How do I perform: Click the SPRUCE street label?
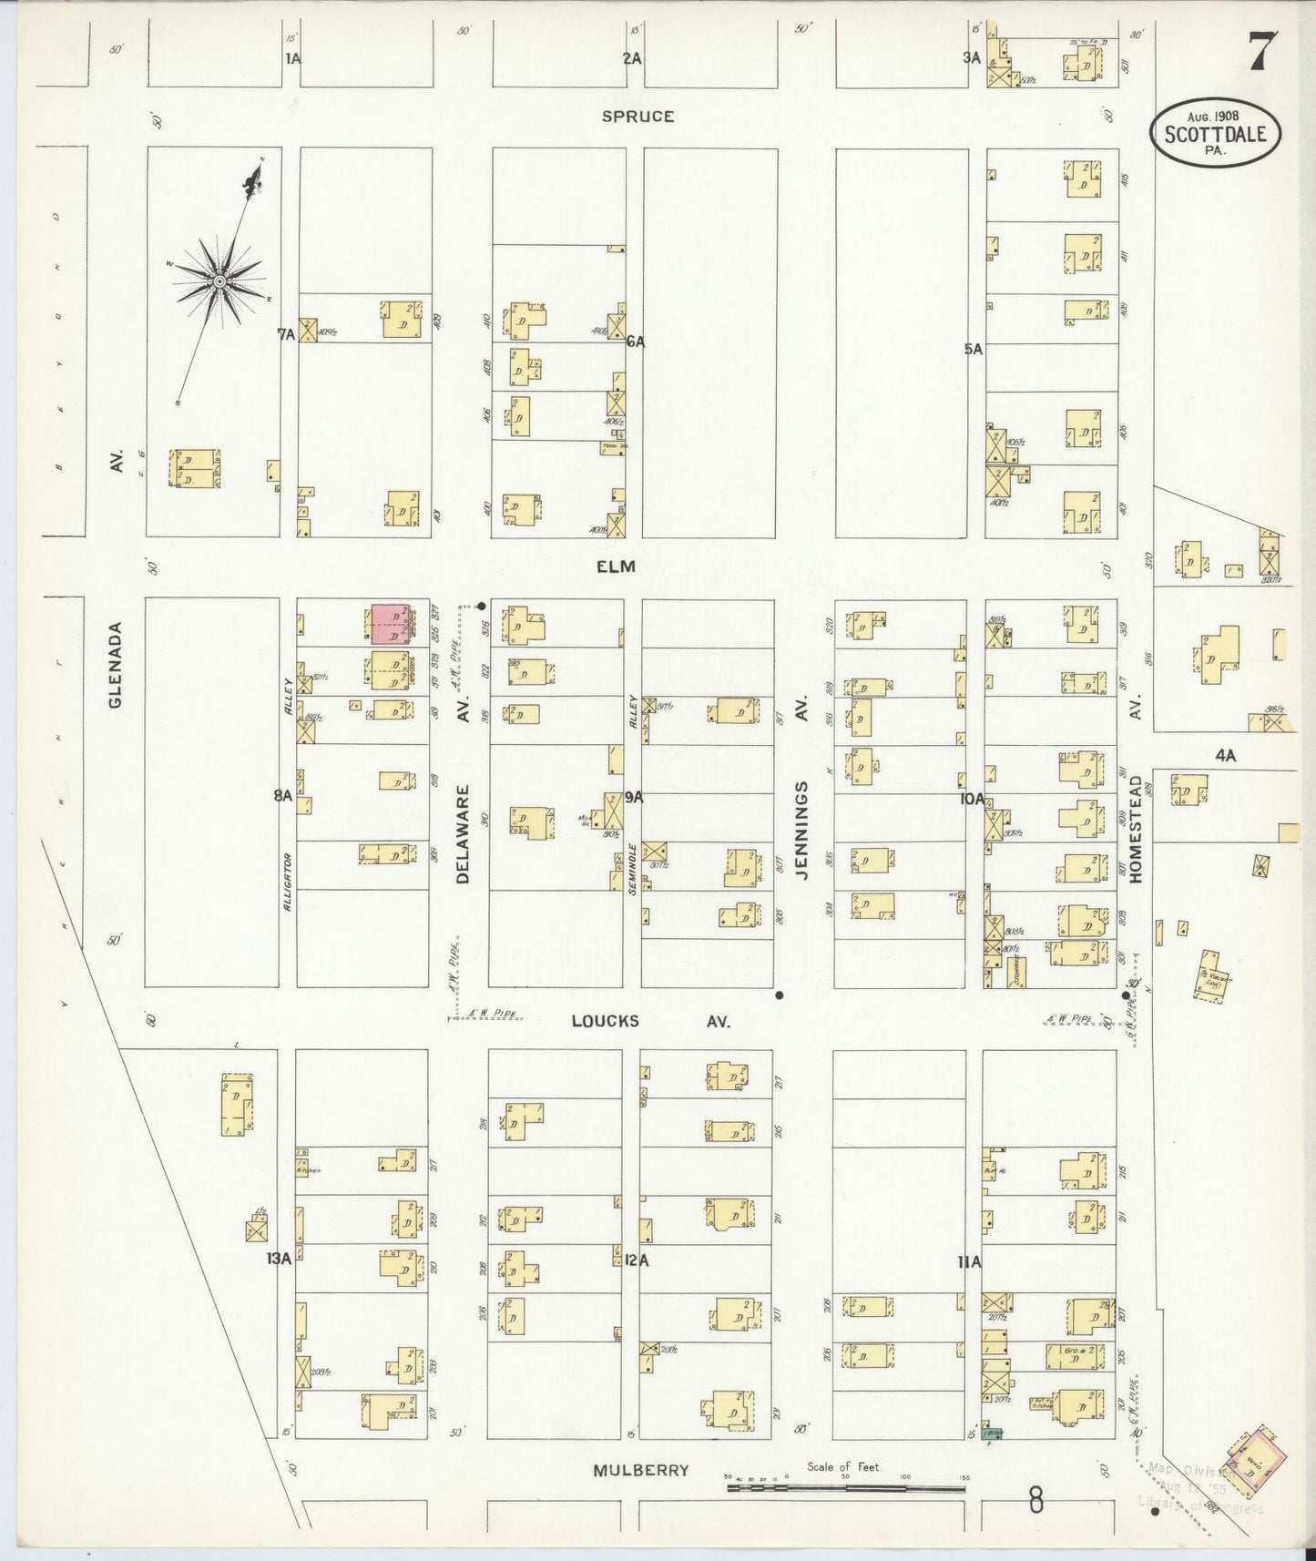(x=638, y=117)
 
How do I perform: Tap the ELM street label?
(x=615, y=566)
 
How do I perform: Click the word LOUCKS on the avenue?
(x=605, y=1022)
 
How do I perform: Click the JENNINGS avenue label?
(x=802, y=828)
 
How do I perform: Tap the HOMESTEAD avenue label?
(x=1136, y=828)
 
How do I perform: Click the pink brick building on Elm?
(x=390, y=626)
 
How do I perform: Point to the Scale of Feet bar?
(x=845, y=1488)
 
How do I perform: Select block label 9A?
(x=634, y=797)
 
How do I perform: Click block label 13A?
(x=278, y=1260)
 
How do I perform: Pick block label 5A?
(x=974, y=348)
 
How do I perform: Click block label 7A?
(x=286, y=334)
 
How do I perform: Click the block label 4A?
(x=1226, y=754)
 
